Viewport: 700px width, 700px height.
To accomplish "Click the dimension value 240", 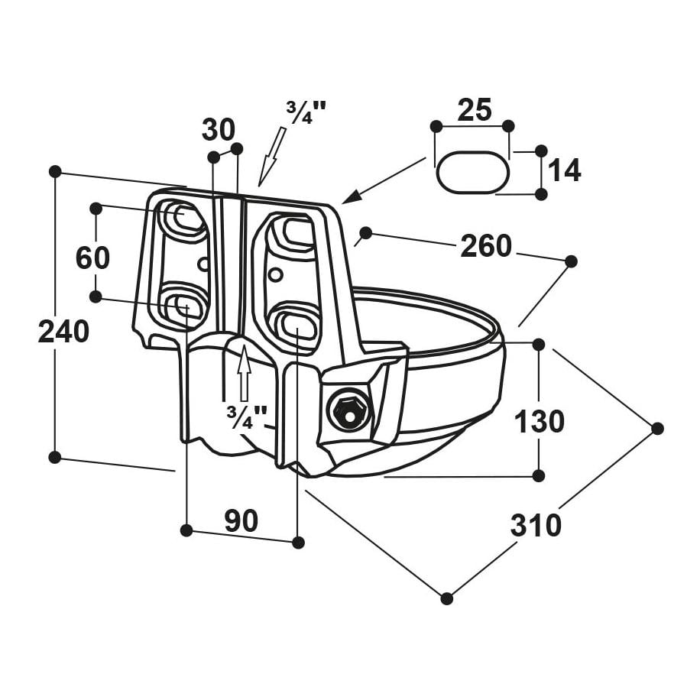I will (x=64, y=332).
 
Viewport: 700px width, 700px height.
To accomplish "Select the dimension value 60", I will (x=92, y=258).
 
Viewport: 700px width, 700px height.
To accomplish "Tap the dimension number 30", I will (x=219, y=130).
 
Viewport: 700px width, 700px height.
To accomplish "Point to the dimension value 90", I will (x=241, y=520).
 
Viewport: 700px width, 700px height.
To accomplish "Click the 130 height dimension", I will (x=539, y=421).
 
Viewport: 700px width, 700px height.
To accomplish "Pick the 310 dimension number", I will (x=536, y=526).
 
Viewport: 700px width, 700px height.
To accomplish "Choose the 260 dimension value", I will (x=485, y=246).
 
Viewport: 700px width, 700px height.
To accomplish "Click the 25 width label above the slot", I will (x=474, y=110).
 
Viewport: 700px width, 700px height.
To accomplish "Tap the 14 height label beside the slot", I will (x=565, y=171).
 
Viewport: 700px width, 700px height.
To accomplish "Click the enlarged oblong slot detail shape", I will (x=472, y=173).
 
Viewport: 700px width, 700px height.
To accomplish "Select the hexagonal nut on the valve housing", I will (x=348, y=411).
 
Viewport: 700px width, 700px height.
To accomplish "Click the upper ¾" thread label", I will (x=306, y=112).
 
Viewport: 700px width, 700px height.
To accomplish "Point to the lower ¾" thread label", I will (x=246, y=416).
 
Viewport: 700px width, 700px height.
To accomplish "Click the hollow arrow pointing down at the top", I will (x=271, y=155).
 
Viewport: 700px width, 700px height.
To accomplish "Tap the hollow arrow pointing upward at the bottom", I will (x=244, y=374).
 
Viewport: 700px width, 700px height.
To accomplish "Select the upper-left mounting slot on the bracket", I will (x=181, y=219).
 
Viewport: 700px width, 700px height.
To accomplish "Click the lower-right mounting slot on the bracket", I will (x=295, y=325).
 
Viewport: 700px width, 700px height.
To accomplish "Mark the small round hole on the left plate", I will (x=203, y=264).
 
